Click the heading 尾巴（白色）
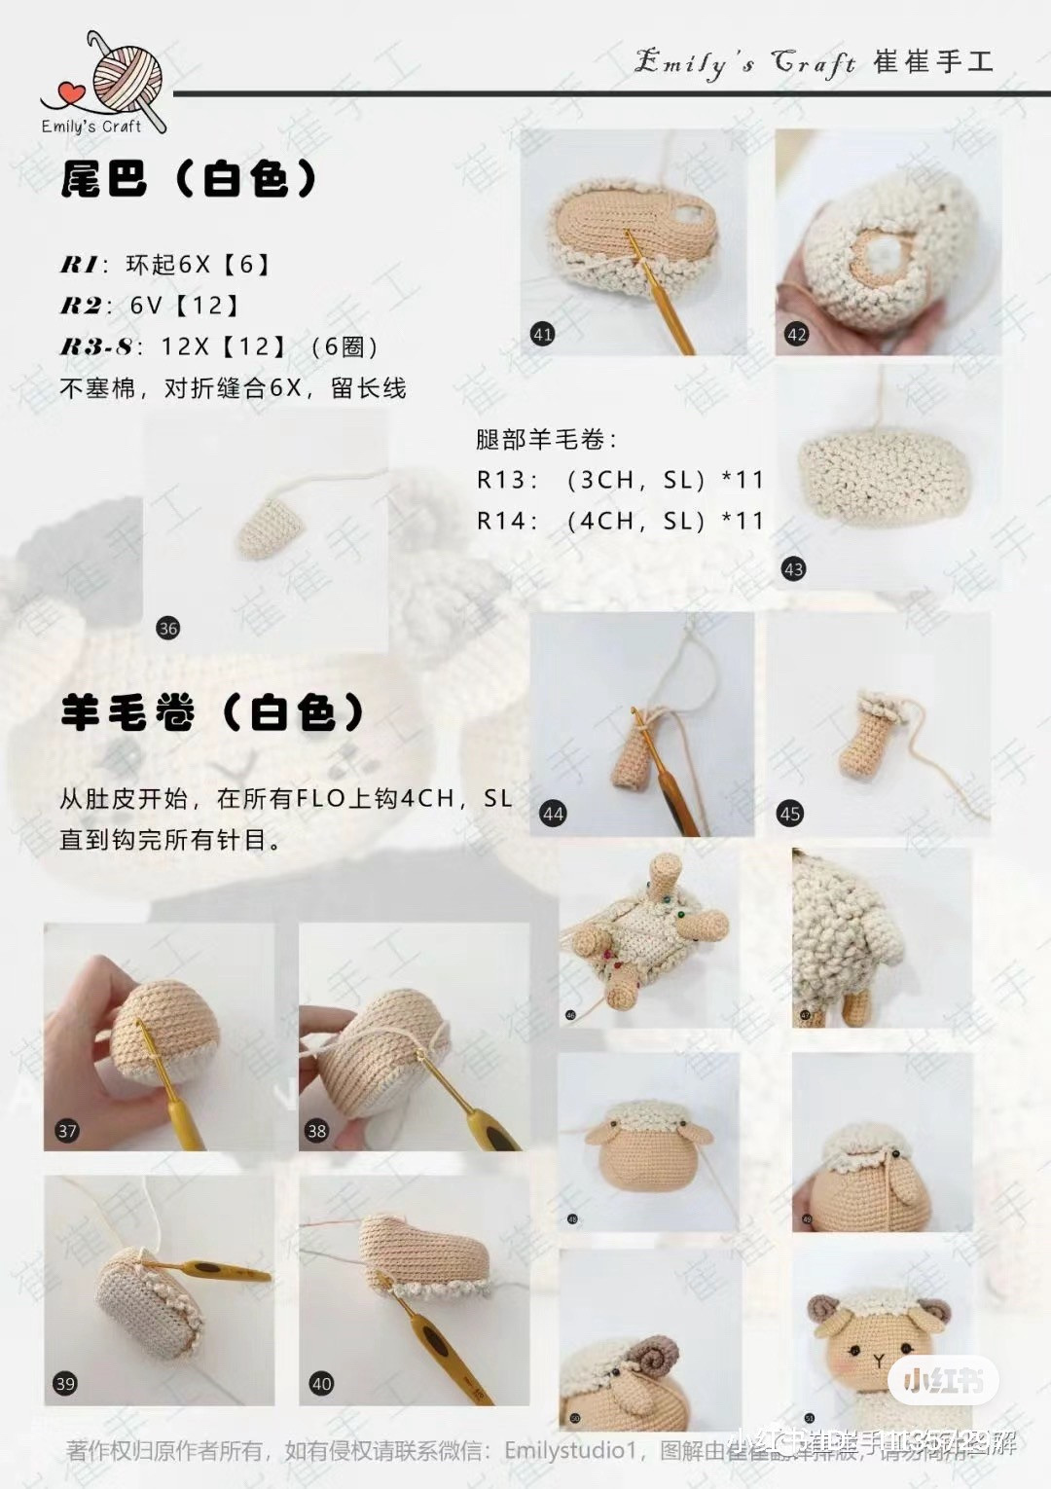tap(190, 179)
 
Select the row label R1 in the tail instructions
tap(79, 265)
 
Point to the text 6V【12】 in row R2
tap(185, 306)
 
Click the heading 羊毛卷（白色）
tap(212, 713)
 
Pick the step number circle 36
tap(168, 628)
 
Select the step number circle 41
tap(542, 334)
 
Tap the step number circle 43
tap(793, 569)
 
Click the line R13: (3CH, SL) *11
tap(620, 480)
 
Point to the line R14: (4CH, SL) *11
tap(620, 521)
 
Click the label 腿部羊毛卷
tap(546, 440)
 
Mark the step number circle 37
tap(67, 1130)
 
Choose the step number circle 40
tap(321, 1383)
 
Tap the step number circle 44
tap(553, 814)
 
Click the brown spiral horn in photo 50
tap(659, 1355)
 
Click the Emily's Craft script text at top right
tap(744, 62)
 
